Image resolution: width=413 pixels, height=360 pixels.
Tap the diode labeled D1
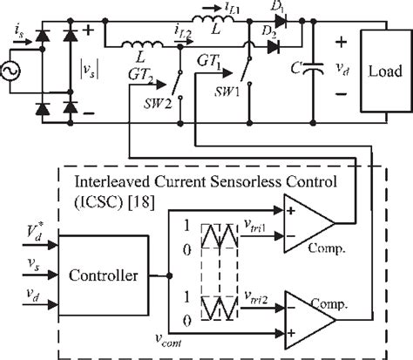point(261,26)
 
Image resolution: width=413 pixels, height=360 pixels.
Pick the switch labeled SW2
point(179,92)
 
